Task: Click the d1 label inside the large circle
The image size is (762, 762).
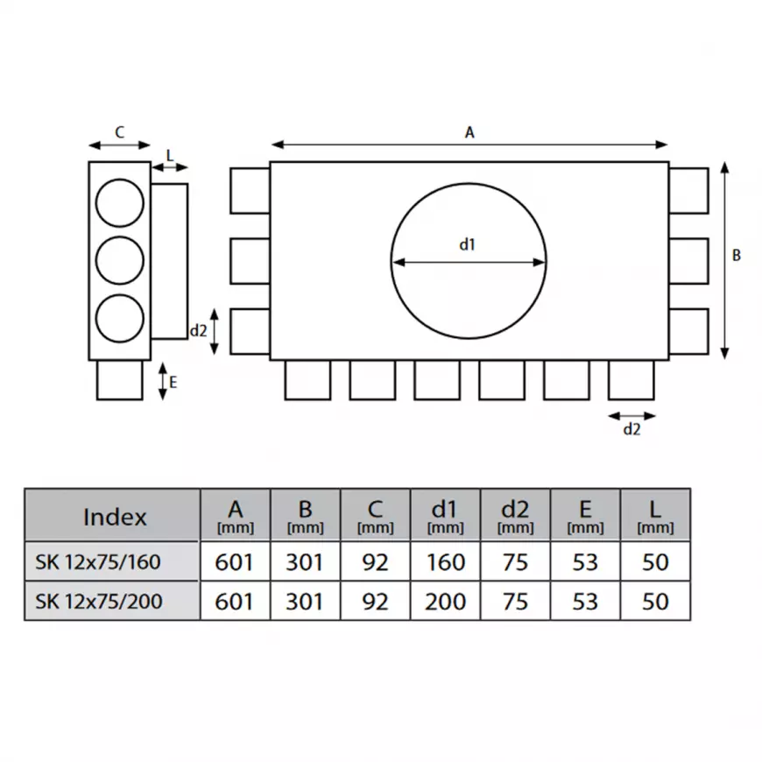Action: [468, 244]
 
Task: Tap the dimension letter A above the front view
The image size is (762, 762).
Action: [469, 132]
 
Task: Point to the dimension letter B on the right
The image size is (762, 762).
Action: [737, 255]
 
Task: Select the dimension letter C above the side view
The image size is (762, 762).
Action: [119, 132]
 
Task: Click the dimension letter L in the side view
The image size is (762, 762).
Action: [170, 156]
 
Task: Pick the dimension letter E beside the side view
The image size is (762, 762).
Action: [173, 383]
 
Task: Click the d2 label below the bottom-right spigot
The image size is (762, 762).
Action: [631, 429]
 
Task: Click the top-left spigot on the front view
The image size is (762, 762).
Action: [250, 191]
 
